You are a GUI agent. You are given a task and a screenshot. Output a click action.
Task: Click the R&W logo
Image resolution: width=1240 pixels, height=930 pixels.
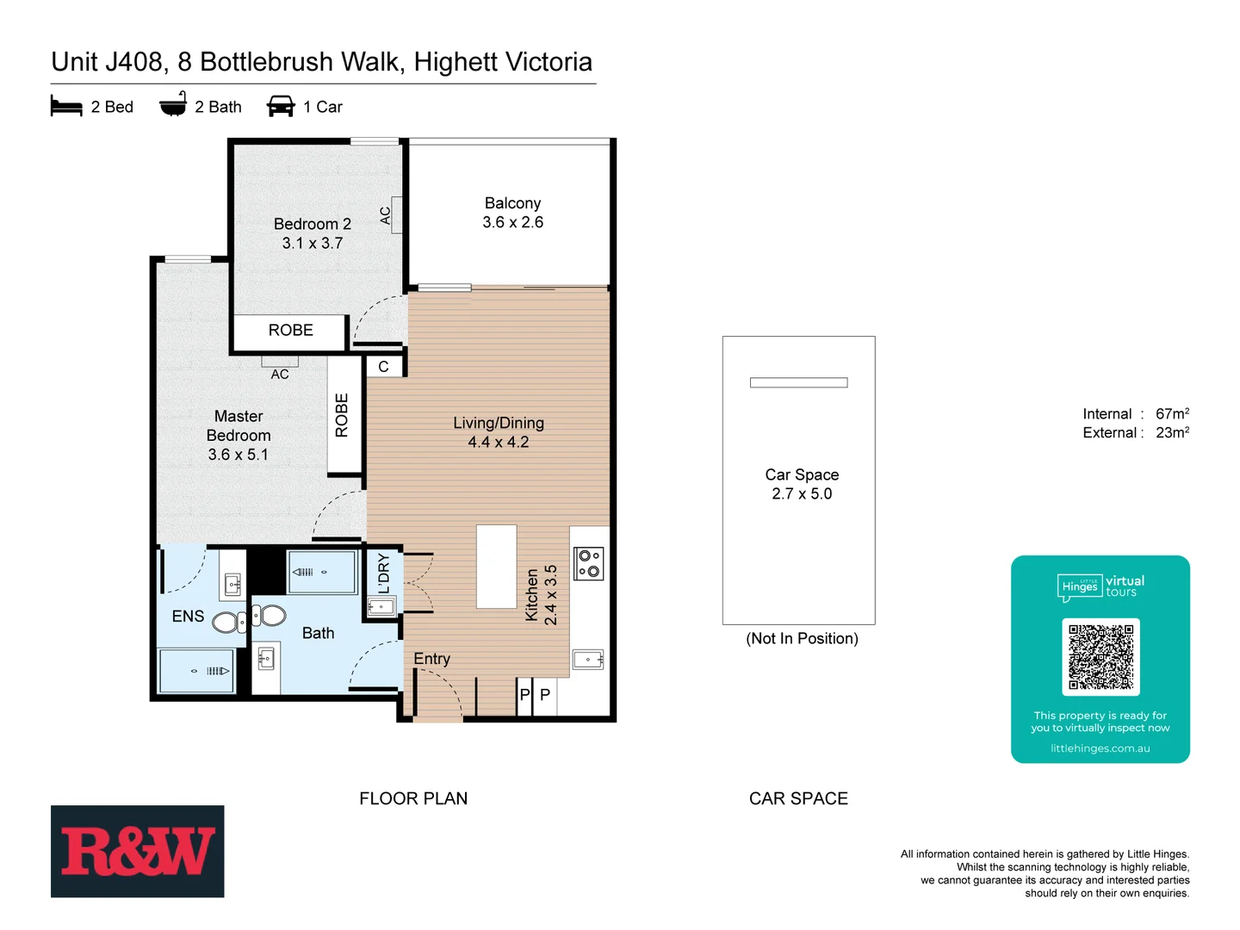[137, 851]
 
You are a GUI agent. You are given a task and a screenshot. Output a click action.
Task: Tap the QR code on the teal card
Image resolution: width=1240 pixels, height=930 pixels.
[1100, 656]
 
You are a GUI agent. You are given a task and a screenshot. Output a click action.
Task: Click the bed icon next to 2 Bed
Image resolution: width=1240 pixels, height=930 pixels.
[66, 107]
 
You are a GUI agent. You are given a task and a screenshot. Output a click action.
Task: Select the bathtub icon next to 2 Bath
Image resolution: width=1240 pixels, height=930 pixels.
[173, 105]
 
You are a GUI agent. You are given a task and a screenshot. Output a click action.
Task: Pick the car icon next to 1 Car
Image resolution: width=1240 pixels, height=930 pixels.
[281, 107]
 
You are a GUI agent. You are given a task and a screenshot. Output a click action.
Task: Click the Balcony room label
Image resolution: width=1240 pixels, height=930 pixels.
[512, 203]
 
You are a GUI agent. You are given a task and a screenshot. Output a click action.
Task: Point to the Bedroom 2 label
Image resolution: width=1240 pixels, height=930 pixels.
[312, 224]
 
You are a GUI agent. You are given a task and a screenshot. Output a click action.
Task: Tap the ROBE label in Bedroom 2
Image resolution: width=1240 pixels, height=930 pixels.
[290, 331]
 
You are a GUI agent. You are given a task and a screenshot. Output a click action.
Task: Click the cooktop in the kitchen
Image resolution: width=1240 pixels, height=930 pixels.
[589, 563]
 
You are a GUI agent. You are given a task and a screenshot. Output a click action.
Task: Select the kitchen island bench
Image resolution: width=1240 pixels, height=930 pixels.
[497, 567]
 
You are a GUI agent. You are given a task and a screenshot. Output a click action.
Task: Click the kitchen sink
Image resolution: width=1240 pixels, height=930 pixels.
[588, 660]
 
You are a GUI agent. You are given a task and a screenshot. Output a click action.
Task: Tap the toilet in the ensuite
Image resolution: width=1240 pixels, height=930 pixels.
[229, 622]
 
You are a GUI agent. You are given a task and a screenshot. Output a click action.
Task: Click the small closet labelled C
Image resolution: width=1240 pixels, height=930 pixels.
[383, 367]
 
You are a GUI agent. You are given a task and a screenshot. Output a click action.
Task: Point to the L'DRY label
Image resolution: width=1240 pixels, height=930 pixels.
[384, 573]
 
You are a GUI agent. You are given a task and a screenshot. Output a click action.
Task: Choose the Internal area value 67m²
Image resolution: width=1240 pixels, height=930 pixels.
[1172, 414]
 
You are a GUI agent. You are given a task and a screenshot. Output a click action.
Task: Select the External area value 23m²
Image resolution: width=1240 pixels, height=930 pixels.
[1172, 433]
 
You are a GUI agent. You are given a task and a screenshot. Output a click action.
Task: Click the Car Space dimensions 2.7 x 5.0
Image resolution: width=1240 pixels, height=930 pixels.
[802, 494]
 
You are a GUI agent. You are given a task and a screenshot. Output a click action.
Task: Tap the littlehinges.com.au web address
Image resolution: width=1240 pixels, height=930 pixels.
[1100, 748]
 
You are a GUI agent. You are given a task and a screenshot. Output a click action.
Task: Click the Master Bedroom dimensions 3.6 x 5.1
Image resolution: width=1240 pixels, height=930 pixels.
[239, 455]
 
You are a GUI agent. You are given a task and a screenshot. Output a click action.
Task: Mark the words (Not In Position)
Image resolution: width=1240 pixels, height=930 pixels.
[802, 639]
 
